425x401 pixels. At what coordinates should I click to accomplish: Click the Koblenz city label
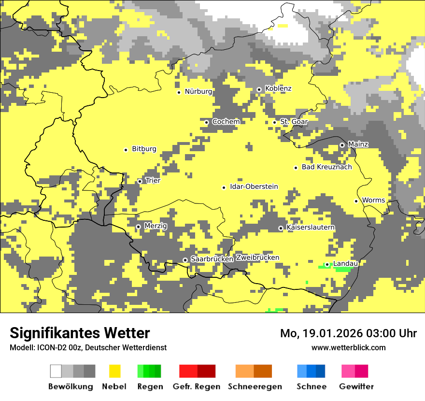[278, 89]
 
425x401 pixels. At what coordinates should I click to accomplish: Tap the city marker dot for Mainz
[342, 145]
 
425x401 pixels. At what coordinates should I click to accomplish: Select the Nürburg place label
[198, 91]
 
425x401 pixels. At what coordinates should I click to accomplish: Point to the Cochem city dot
[206, 122]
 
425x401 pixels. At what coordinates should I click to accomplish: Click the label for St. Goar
[294, 122]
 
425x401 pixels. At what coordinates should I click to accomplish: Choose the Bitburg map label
[144, 149]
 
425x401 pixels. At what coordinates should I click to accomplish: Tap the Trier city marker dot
[140, 182]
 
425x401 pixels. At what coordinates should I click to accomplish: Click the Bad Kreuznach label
[326, 167]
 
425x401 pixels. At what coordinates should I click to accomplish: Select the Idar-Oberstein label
[254, 187]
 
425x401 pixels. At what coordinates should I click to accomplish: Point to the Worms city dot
[356, 201]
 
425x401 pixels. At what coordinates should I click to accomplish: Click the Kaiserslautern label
[311, 228]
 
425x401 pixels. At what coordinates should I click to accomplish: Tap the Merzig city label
[156, 226]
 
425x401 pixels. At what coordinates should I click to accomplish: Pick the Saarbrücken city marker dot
[185, 260]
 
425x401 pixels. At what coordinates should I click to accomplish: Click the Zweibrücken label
[257, 258]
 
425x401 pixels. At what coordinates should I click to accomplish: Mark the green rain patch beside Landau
[342, 269]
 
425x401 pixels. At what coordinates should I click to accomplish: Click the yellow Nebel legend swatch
[114, 371]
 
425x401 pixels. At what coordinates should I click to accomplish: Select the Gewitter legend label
[356, 387]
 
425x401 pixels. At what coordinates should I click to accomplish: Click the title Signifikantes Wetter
[80, 333]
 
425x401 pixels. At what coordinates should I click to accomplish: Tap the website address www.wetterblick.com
[348, 348]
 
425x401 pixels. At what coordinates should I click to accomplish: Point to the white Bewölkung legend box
[56, 371]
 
